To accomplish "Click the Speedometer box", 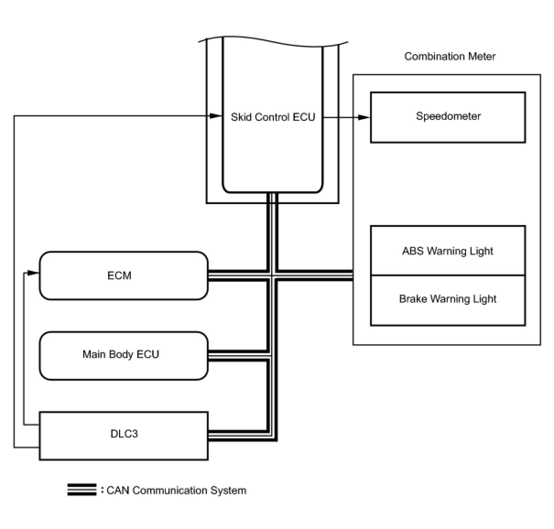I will pos(447,117).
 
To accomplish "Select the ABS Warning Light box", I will pos(447,251).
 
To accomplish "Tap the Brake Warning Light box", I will pos(447,300).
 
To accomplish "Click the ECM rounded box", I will pos(124,275).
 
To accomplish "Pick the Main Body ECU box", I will pos(124,355).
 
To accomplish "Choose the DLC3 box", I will pos(124,435).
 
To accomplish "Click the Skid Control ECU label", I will pos(273,117).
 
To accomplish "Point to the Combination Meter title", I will pos(450,57).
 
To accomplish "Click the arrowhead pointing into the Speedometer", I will pos(364,117).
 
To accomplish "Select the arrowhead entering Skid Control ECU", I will pos(216,116).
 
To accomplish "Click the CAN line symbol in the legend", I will pos(82,490).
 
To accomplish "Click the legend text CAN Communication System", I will pos(176,491).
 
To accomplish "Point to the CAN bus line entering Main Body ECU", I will pos(238,356).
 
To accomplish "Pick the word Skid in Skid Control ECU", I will pos(241,117).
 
